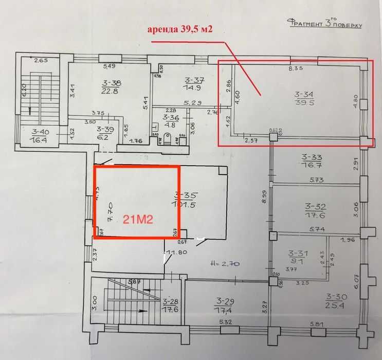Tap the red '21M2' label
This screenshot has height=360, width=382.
tap(137, 218)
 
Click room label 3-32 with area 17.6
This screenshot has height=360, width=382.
tap(315, 211)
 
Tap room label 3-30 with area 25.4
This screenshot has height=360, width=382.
tap(337, 301)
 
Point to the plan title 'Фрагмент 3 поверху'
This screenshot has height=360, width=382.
tap(325, 24)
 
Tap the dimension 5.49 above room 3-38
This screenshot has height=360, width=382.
tap(108, 66)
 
